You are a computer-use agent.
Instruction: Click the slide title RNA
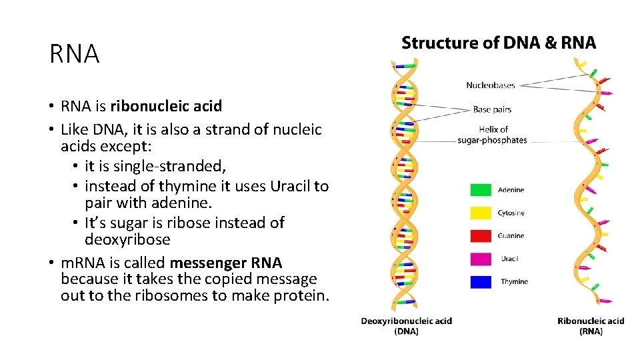click(74, 54)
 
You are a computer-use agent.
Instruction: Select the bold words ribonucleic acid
click(166, 106)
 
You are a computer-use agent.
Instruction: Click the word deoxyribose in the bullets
click(127, 239)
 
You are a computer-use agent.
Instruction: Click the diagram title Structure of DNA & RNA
click(498, 44)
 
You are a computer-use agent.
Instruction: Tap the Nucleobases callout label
click(491, 85)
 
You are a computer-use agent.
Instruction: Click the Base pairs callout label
click(492, 109)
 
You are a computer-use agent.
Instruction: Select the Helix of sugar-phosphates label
click(492, 135)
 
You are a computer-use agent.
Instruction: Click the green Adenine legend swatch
click(481, 190)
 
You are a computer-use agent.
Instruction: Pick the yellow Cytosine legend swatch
click(481, 213)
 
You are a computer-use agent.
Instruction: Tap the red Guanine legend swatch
click(481, 235)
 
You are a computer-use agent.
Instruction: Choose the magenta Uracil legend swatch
click(481, 259)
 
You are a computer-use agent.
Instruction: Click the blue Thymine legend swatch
click(481, 281)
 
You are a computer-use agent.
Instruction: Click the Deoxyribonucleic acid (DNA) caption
click(407, 326)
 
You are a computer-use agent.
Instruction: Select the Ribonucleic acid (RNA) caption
click(591, 326)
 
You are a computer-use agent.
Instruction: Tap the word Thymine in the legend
click(514, 282)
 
